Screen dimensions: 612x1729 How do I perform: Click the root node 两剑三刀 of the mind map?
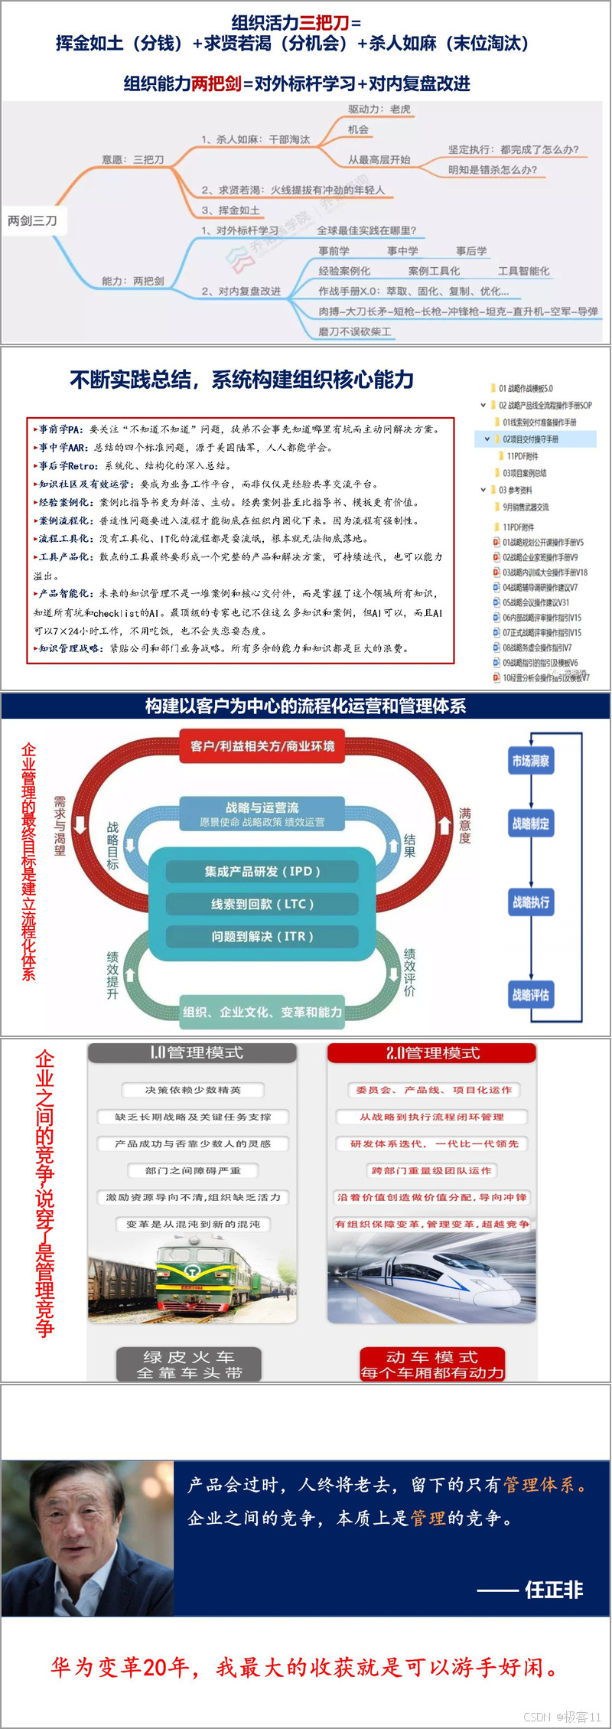pyautogui.click(x=33, y=220)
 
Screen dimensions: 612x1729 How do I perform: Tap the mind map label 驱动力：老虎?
pyautogui.click(x=379, y=109)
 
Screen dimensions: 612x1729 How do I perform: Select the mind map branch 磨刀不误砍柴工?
pyautogui.click(x=355, y=331)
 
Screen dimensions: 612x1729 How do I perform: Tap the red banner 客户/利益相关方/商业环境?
pyautogui.click(x=262, y=746)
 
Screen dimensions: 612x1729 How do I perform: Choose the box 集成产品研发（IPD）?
pyautogui.click(x=262, y=871)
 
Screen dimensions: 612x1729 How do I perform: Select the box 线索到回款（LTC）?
pyautogui.click(x=262, y=904)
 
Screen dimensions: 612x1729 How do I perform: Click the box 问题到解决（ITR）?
pyautogui.click(x=262, y=936)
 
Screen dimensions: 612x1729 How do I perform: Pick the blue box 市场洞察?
pyautogui.click(x=530, y=761)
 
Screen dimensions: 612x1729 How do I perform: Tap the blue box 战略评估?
pyautogui.click(x=530, y=995)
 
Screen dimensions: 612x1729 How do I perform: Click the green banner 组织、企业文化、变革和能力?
pyautogui.click(x=262, y=1012)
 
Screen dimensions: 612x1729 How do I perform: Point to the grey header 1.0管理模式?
pyautogui.click(x=192, y=1053)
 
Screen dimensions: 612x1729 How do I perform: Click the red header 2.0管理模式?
pyautogui.click(x=432, y=1053)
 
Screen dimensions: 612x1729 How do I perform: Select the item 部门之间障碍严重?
pyautogui.click(x=193, y=1170)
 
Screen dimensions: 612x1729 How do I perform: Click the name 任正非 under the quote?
pyautogui.click(x=554, y=1590)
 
